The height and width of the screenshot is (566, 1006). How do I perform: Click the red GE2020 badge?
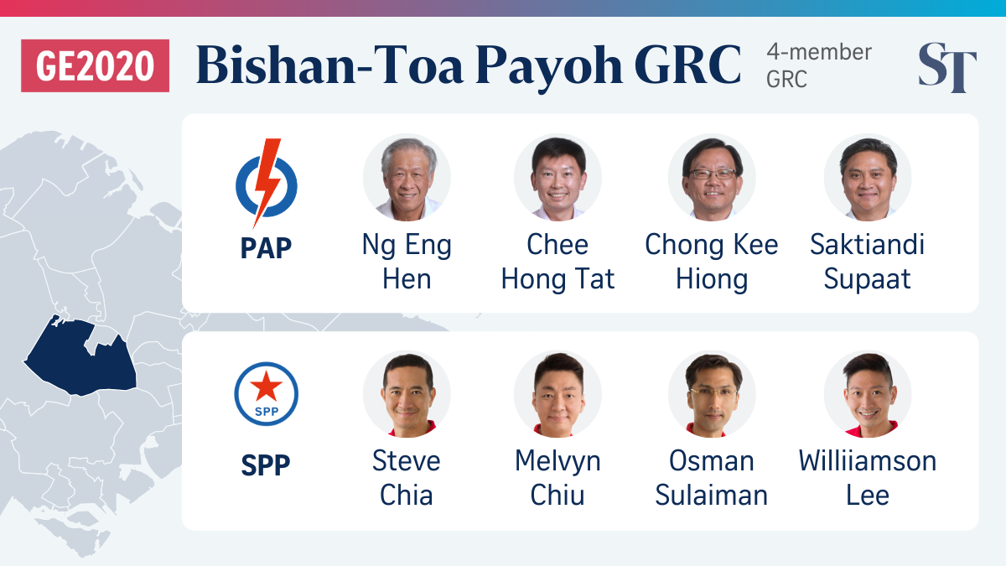tap(96, 65)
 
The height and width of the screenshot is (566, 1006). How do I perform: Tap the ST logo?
tap(947, 67)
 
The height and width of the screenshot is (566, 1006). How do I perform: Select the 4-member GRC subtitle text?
tap(819, 65)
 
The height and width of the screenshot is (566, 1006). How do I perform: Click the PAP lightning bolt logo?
tap(267, 184)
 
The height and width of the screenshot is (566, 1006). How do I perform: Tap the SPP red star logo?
tap(267, 394)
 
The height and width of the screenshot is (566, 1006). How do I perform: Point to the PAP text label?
tap(266, 248)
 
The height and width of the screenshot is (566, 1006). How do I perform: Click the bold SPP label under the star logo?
tap(266, 465)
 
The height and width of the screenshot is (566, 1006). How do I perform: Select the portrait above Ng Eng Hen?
tap(407, 178)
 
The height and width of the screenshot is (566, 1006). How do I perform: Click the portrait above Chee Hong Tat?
tap(557, 178)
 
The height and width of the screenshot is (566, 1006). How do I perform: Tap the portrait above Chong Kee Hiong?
tap(712, 178)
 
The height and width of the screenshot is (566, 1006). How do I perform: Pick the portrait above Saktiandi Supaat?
tap(868, 178)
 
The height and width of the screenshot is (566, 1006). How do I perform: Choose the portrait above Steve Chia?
tap(407, 394)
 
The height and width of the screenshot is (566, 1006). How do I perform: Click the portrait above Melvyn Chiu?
tap(557, 394)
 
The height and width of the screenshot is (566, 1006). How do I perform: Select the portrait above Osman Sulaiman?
tap(712, 394)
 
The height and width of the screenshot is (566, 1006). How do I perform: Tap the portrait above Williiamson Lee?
tap(868, 394)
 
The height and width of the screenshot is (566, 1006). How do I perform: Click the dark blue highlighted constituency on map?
tap(80, 357)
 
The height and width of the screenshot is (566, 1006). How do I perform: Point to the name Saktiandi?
tap(867, 244)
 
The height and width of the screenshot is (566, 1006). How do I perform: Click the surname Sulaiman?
tap(712, 495)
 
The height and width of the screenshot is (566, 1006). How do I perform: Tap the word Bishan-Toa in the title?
tap(330, 65)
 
